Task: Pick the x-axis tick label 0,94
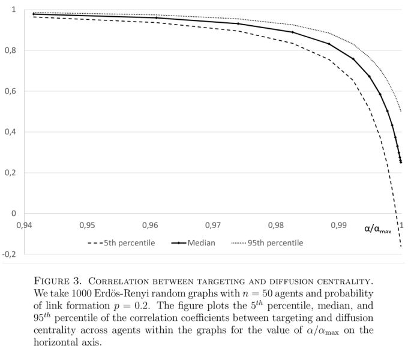pyautogui.click(x=25, y=226)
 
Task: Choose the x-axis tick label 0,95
pyautogui.click(x=88, y=226)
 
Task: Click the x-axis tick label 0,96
pyautogui.click(x=151, y=226)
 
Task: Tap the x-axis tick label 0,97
pyautogui.click(x=213, y=226)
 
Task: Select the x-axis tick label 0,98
pyautogui.click(x=276, y=226)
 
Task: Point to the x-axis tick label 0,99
pyautogui.click(x=338, y=226)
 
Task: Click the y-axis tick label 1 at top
pyautogui.click(x=14, y=10)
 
